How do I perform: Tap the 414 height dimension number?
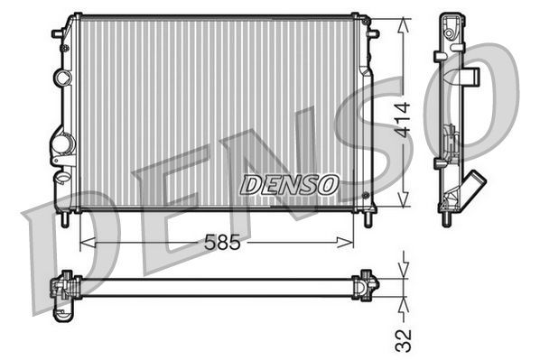click(x=407, y=116)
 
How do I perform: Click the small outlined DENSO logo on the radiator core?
click(x=289, y=183)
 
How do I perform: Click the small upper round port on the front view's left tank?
click(x=61, y=78)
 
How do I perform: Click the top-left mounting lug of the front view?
click(x=58, y=33)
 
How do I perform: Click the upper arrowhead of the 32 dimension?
click(x=405, y=270)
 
